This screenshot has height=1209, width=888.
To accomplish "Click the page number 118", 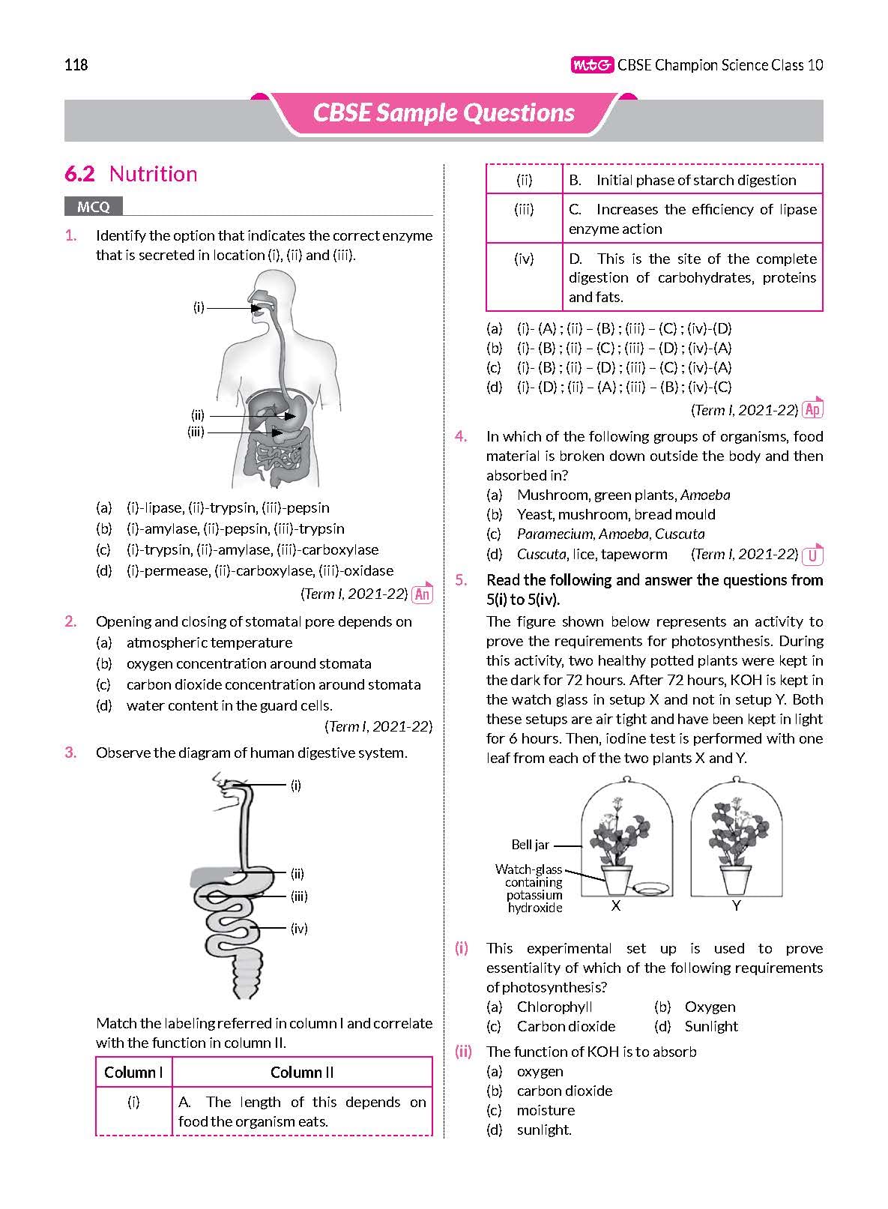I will tap(76, 65).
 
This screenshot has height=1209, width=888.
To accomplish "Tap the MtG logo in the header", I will tap(592, 65).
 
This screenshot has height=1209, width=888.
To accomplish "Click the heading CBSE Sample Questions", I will tap(444, 113).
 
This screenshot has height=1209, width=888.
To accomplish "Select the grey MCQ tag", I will tap(93, 207).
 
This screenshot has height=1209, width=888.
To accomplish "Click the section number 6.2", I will tap(79, 174).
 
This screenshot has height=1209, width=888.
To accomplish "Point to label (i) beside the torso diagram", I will tap(199, 307).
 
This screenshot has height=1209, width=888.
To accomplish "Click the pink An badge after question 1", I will tap(423, 594).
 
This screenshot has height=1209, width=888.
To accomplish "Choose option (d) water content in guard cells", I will tap(229, 705).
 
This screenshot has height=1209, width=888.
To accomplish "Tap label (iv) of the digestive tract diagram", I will tap(299, 929).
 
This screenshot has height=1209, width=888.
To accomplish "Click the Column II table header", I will tap(302, 1072).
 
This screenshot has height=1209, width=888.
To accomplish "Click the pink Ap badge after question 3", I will tap(812, 409).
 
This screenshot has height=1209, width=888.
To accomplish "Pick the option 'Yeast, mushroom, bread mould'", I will tap(615, 514).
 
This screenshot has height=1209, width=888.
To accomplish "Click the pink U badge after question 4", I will tap(812, 555).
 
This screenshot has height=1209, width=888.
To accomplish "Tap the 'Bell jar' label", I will tap(530, 845).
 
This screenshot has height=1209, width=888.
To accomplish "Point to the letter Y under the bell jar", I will tap(736, 906).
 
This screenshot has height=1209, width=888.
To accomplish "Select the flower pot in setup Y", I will tap(735, 879).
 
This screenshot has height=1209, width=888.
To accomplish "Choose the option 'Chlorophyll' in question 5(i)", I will tap(554, 1007).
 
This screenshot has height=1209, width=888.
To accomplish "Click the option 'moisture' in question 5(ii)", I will tap(546, 1110).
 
